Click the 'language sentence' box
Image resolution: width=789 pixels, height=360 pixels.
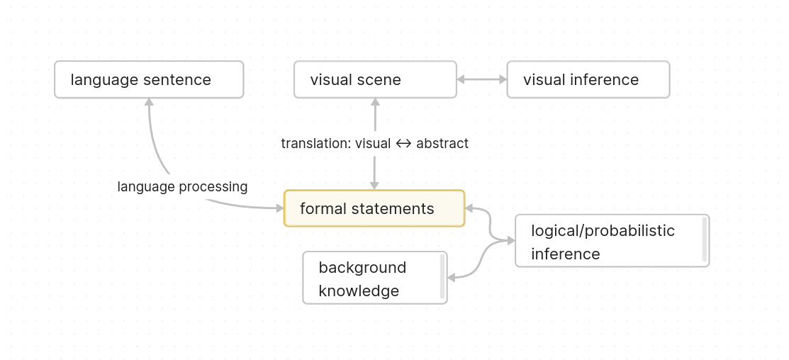click(x=149, y=79)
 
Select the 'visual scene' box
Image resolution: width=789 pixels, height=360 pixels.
click(x=375, y=79)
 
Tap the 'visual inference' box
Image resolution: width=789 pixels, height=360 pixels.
click(x=588, y=79)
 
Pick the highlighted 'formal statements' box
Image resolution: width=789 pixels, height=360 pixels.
click(x=374, y=208)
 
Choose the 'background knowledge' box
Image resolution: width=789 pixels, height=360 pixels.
click(x=374, y=278)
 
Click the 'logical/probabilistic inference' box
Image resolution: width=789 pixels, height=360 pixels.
click(x=611, y=241)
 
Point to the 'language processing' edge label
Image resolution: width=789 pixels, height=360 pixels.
click(x=182, y=186)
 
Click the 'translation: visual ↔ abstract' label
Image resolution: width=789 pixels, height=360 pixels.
click(x=374, y=143)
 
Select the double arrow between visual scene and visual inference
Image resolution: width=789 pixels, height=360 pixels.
click(x=481, y=79)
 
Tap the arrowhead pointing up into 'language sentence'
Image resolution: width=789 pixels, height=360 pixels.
click(x=150, y=103)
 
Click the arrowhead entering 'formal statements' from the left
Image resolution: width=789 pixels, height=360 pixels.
click(x=279, y=208)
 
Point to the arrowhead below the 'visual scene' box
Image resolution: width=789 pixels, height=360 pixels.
click(x=375, y=103)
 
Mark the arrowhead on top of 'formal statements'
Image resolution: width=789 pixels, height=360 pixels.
click(x=374, y=186)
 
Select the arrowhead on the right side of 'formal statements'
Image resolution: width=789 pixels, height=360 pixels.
click(x=470, y=208)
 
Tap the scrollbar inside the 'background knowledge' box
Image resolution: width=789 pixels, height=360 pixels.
click(x=442, y=276)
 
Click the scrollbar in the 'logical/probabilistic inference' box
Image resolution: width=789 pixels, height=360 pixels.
click(x=704, y=240)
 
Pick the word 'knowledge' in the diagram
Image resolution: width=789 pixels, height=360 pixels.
click(x=359, y=291)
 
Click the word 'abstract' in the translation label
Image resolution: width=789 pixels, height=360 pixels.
click(x=442, y=143)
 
